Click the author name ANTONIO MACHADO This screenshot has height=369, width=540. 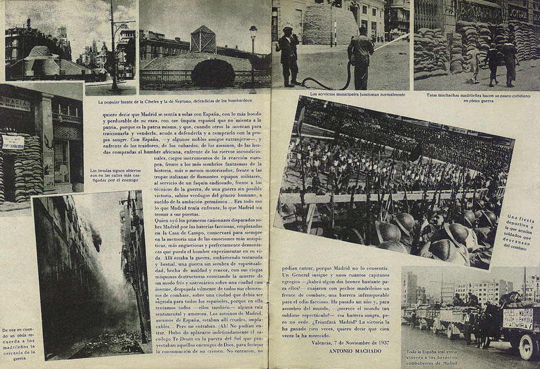pos(348,352)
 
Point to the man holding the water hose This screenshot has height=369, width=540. pos(360,56)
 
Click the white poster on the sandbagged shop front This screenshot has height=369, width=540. pos(11,142)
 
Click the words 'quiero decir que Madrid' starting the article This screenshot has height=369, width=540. pos(129,115)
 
